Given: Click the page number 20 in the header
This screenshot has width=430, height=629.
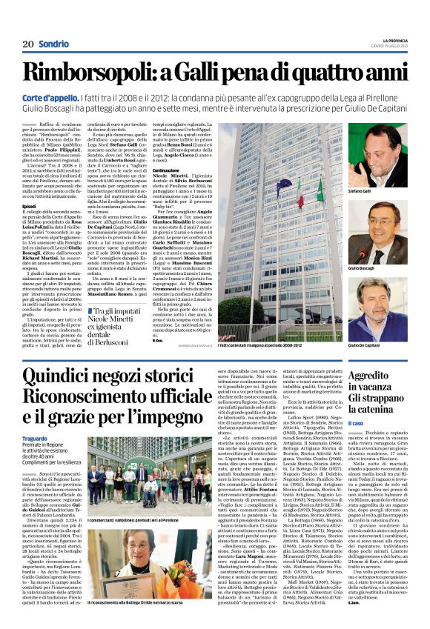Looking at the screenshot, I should click(28, 45).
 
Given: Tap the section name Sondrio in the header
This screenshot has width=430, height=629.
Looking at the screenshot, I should click(53, 45).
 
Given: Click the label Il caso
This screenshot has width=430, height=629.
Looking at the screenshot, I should click(356, 423).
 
